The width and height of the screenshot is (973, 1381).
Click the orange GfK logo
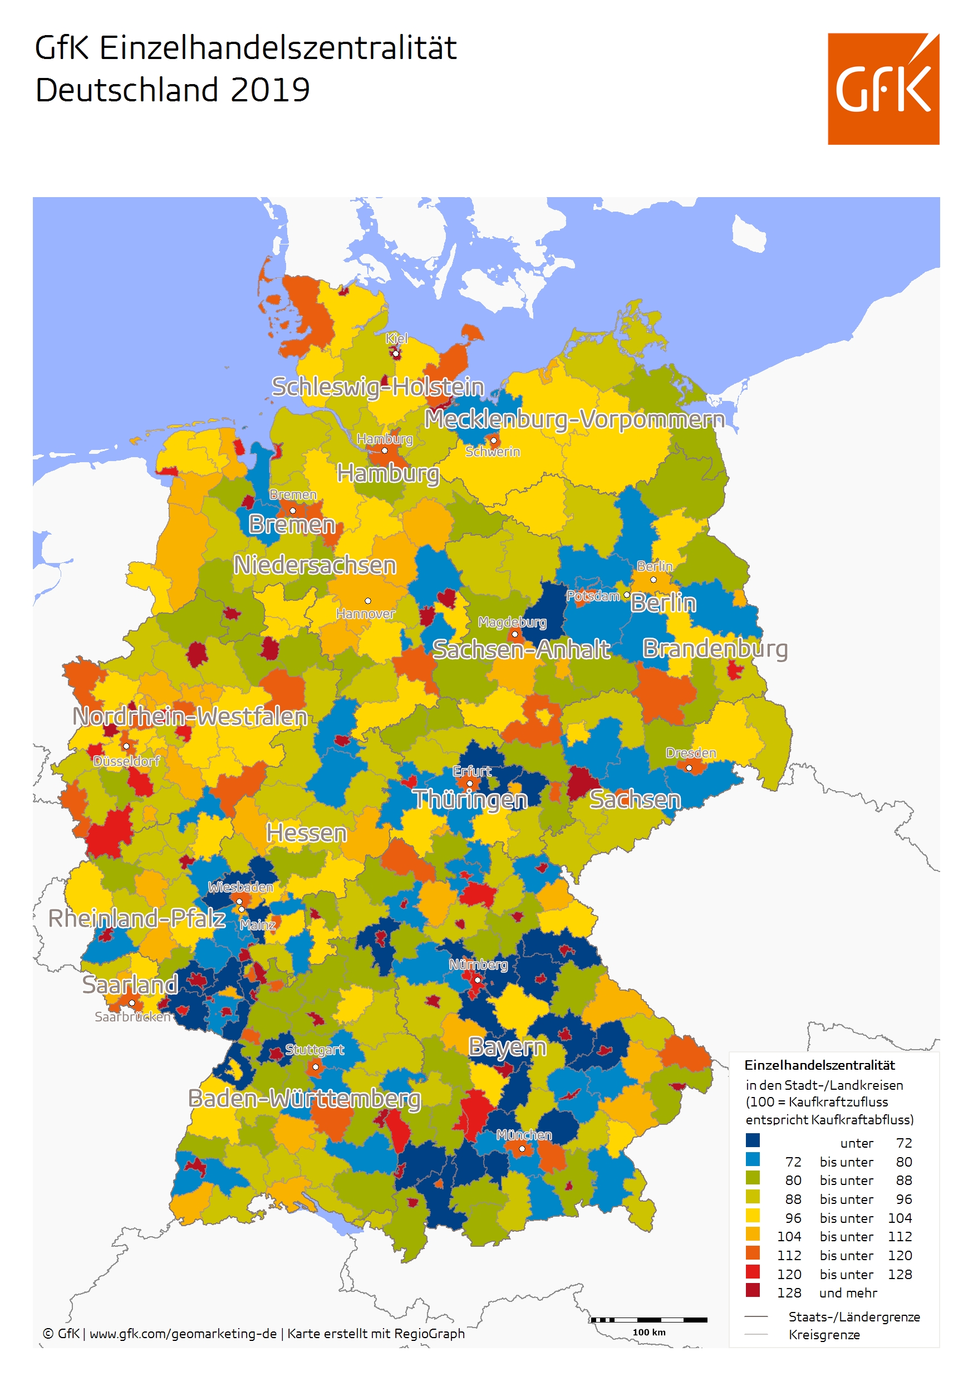tap(883, 89)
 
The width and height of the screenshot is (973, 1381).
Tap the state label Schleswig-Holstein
tap(377, 387)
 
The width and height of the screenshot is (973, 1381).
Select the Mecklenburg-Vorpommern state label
tap(574, 419)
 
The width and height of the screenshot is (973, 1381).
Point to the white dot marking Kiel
tap(396, 354)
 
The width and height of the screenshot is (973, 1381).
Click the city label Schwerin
tap(493, 452)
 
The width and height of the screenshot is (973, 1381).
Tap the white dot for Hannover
tap(368, 601)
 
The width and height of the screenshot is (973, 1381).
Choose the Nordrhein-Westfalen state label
tap(190, 716)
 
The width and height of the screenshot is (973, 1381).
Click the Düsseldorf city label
tap(126, 761)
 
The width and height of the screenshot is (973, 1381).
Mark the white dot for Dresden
tap(689, 768)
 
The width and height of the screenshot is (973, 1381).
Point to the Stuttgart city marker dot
tap(315, 1067)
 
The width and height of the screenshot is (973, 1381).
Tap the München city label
tap(524, 1135)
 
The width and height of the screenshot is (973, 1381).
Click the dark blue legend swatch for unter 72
tap(753, 1140)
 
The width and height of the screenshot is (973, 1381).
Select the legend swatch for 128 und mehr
tap(753, 1290)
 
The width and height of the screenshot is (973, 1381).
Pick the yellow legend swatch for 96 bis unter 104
tap(753, 1216)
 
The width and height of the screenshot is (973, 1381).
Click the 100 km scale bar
tap(649, 1320)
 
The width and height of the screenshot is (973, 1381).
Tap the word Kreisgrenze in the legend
tap(824, 1335)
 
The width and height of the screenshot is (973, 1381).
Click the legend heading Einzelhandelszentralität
tap(820, 1065)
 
